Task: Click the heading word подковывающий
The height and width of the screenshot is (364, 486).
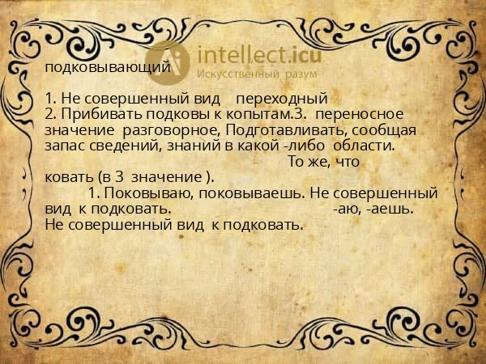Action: tap(107, 67)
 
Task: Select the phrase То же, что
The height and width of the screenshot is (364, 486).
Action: tap(324, 162)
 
